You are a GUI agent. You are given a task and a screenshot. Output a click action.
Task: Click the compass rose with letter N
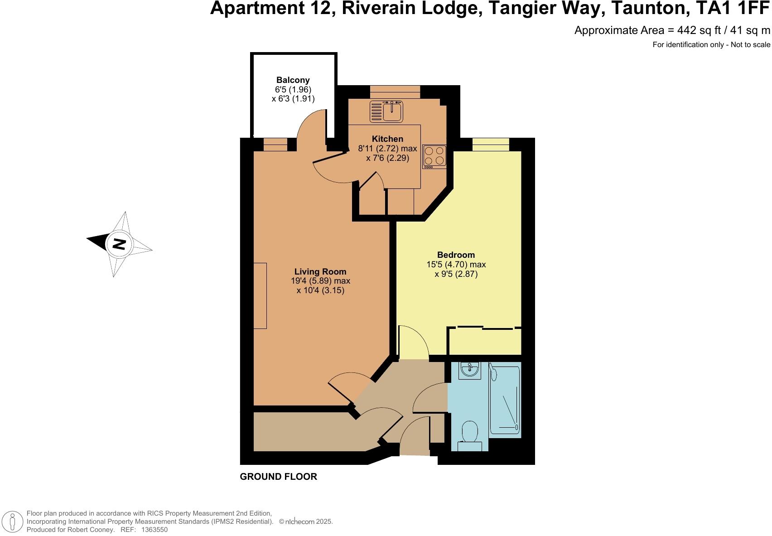click(119, 244)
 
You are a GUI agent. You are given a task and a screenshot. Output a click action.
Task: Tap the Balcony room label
click(293, 80)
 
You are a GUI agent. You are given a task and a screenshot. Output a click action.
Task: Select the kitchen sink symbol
click(386, 111)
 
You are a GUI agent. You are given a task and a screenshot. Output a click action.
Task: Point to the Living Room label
click(320, 272)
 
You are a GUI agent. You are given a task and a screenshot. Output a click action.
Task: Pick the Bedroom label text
click(456, 255)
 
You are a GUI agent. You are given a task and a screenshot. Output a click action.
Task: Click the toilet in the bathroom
click(470, 435)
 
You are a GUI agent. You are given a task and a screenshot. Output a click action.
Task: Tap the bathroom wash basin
click(469, 370)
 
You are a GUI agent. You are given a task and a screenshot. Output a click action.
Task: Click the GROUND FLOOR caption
click(278, 477)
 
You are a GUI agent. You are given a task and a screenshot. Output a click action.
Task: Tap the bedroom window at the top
click(491, 145)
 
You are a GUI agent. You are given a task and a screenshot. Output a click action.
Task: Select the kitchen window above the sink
click(395, 92)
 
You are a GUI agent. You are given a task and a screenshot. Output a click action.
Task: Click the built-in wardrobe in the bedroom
click(484, 341)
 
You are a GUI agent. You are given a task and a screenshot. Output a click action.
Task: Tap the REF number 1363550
click(154, 529)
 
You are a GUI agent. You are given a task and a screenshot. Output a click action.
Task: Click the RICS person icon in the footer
click(14, 522)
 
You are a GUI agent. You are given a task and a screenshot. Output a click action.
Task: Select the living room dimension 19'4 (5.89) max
click(320, 281)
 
